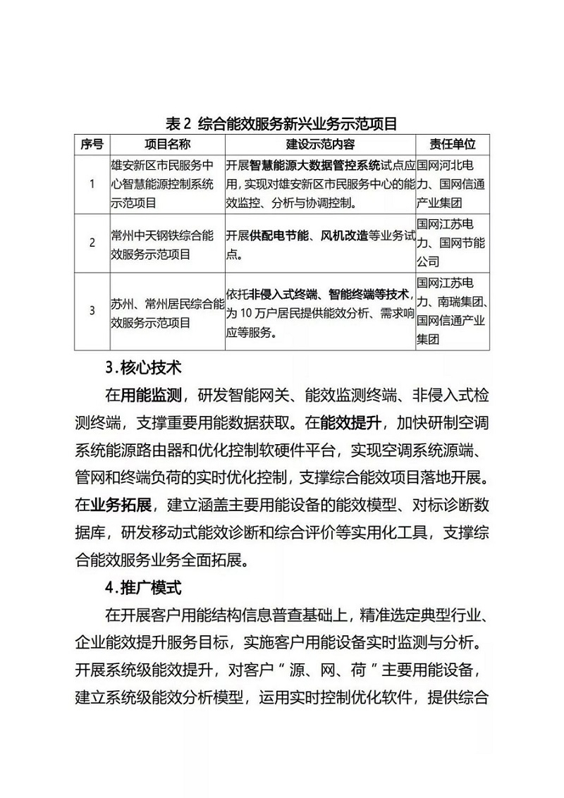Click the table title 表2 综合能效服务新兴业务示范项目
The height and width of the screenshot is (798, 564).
point(281,124)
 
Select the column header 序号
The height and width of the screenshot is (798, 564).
point(92,145)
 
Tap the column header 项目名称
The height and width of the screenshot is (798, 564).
point(167,145)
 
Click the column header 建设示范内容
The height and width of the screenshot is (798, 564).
point(320,145)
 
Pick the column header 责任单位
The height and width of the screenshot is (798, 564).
point(453,145)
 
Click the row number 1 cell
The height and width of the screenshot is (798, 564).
point(92,185)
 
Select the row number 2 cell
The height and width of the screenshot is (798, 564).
point(92,243)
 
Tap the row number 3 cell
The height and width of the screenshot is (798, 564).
point(92,310)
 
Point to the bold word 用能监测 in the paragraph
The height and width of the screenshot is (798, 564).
point(152,394)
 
